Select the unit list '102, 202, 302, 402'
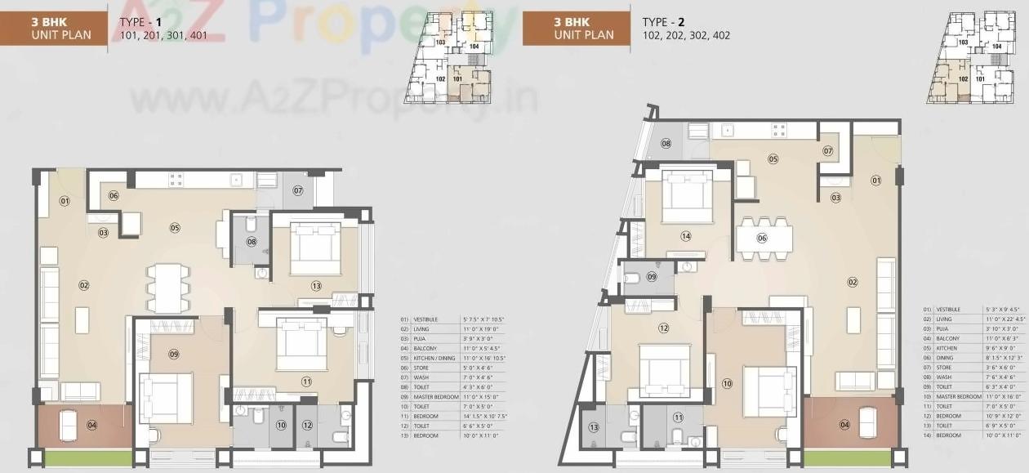pos(686,36)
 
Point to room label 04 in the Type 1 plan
pos(91,425)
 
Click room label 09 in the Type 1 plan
pos(174,354)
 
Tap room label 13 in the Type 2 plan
pos(594,426)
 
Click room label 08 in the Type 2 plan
pos(666,144)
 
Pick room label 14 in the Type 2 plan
pos(686,236)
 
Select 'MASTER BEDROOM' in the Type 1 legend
pos(434,397)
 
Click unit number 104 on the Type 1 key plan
pos(474,47)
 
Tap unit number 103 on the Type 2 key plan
pos(963,42)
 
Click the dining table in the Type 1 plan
pos(167,288)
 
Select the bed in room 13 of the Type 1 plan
pos(315,248)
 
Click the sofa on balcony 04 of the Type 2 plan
pos(867,422)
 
